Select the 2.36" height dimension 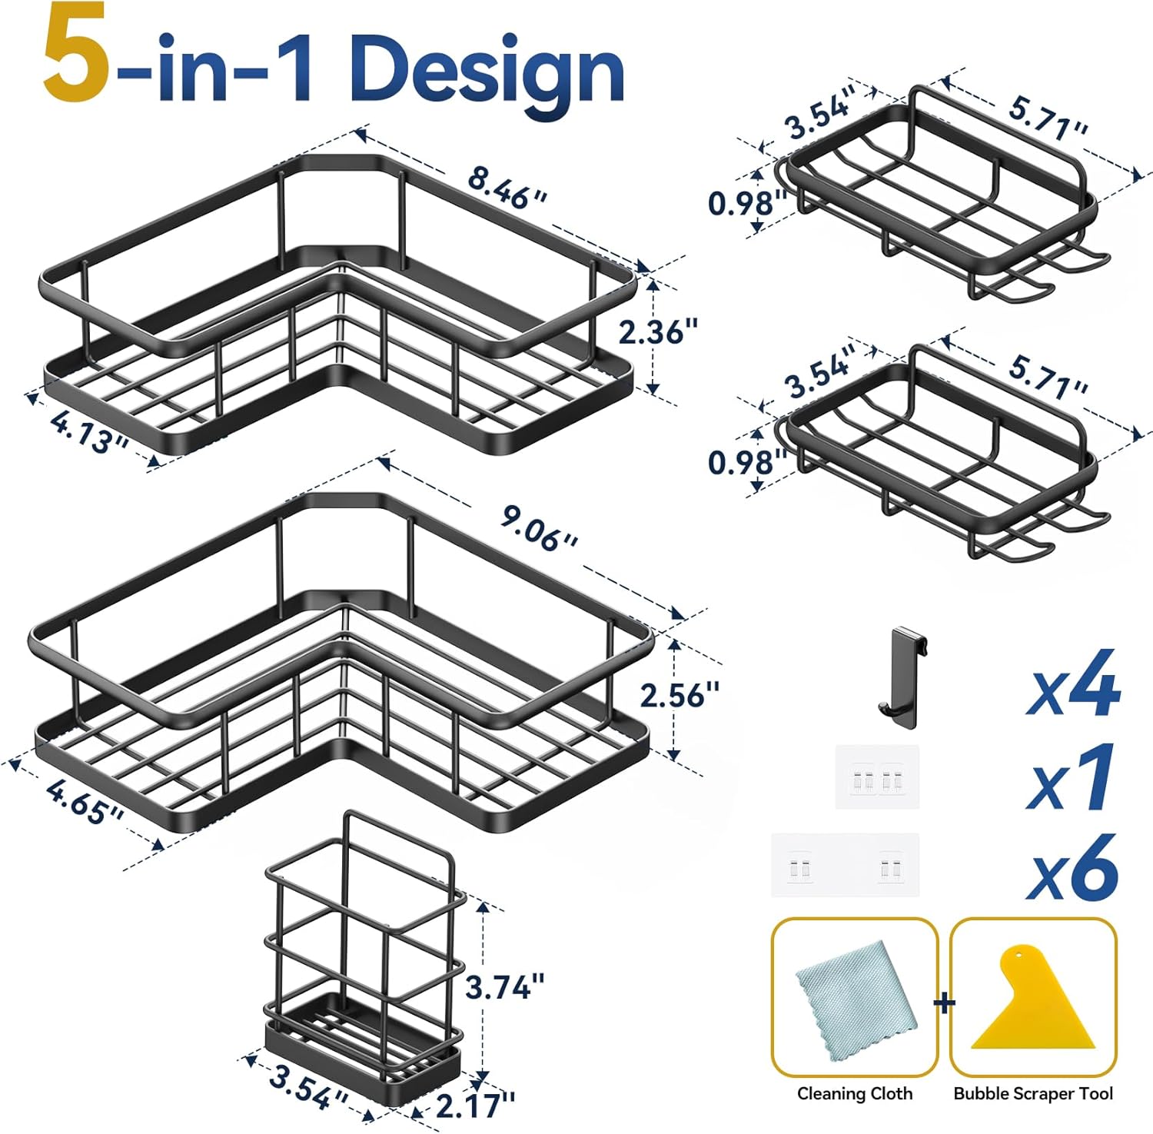click(658, 332)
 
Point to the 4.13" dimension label click(88, 432)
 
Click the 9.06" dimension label click(539, 528)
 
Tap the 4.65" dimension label click(85, 801)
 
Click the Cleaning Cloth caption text click(855, 1093)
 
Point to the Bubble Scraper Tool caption click(1033, 1093)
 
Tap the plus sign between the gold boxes click(944, 1003)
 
